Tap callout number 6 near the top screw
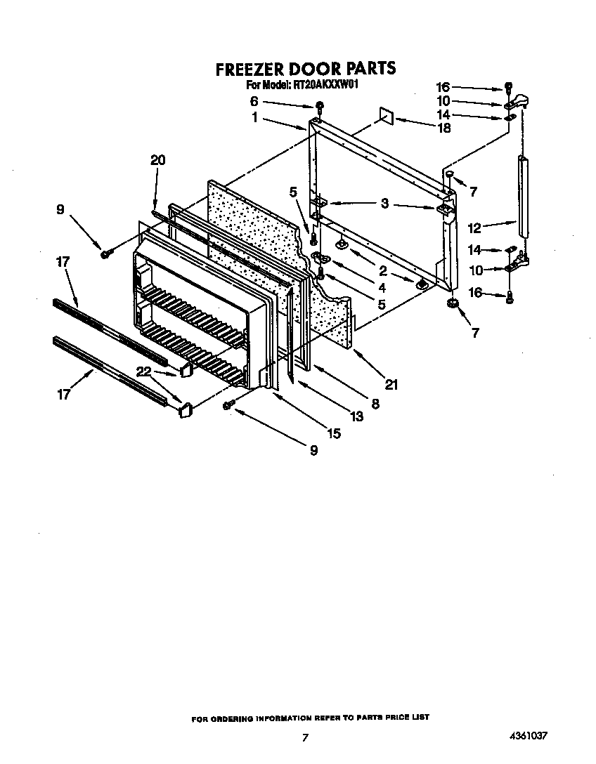pyautogui.click(x=254, y=101)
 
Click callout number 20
pyautogui.click(x=157, y=160)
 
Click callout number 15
pyautogui.click(x=333, y=433)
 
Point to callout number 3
pyautogui.click(x=384, y=204)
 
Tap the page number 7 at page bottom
pyautogui.click(x=304, y=737)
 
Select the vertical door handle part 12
pyautogui.click(x=523, y=197)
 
